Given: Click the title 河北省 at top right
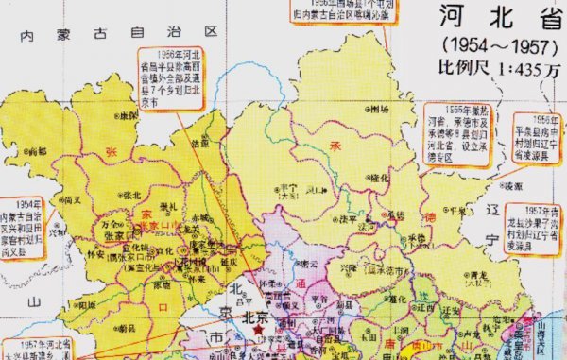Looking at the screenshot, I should (490, 20).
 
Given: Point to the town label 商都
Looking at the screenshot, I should (38, 150).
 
